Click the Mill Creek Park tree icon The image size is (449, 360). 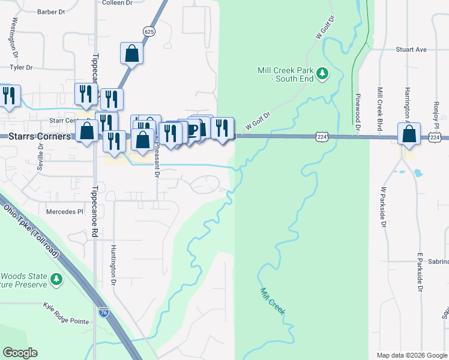click(323, 73)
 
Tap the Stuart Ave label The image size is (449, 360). click(411, 50)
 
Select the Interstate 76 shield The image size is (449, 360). click(103, 311)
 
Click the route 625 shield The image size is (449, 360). click(149, 31)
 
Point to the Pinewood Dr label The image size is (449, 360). click(357, 112)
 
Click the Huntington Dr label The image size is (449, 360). click(113, 264)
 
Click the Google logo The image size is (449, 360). click(20, 353)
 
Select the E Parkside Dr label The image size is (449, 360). click(420, 272)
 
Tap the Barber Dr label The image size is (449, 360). click(50, 11)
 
